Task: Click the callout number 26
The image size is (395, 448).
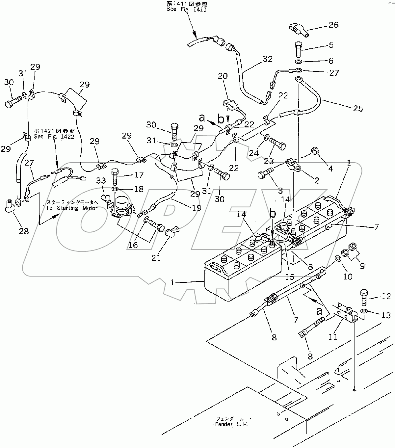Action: point(333,25)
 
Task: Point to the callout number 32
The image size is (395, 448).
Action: point(268,59)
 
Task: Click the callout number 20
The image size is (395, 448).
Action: point(223,76)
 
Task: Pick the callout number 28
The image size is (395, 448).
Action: point(23,231)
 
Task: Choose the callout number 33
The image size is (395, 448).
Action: point(101,181)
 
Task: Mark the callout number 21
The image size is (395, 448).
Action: point(156,257)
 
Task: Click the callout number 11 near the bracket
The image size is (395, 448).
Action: point(333,337)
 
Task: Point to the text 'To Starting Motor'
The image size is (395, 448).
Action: point(72,208)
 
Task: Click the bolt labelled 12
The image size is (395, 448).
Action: point(364,298)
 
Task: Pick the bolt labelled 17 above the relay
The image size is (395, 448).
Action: point(115,177)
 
